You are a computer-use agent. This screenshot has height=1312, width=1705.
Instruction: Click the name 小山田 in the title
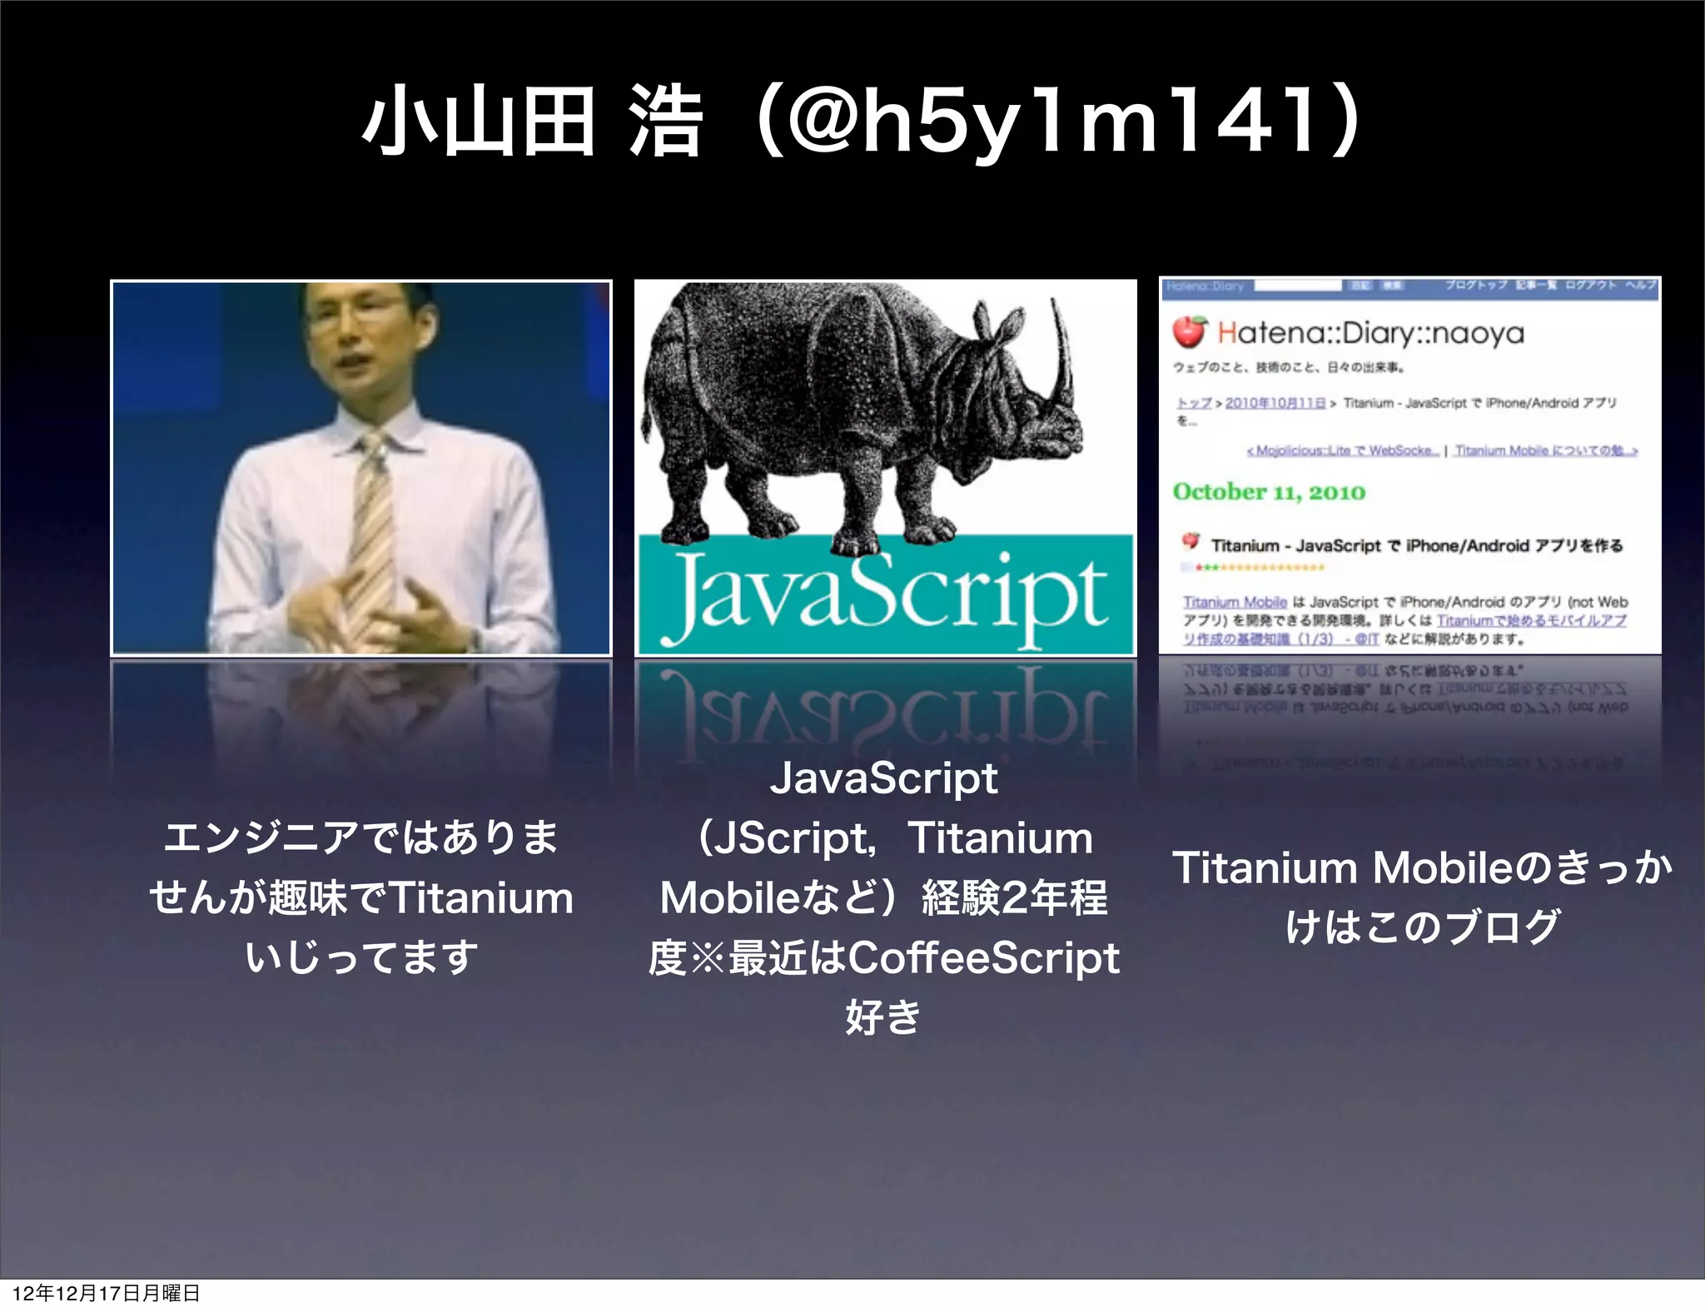pos(478,125)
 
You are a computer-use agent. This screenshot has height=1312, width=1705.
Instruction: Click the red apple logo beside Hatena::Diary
pos(1189,331)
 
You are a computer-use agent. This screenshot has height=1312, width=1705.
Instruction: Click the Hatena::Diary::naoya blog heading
pos(1369,333)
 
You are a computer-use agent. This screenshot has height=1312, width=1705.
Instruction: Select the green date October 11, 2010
pos(1269,492)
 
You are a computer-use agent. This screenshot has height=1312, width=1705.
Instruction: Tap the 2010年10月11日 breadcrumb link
pos(1275,403)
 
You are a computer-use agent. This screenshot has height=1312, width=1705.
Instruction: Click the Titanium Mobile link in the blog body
pos(1235,602)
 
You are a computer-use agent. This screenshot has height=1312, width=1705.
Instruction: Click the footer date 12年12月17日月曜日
pos(107,1293)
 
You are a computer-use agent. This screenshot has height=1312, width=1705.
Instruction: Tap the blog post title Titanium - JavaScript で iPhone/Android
pos(1415,545)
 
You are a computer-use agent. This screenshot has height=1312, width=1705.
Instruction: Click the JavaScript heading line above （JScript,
pos(883,778)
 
